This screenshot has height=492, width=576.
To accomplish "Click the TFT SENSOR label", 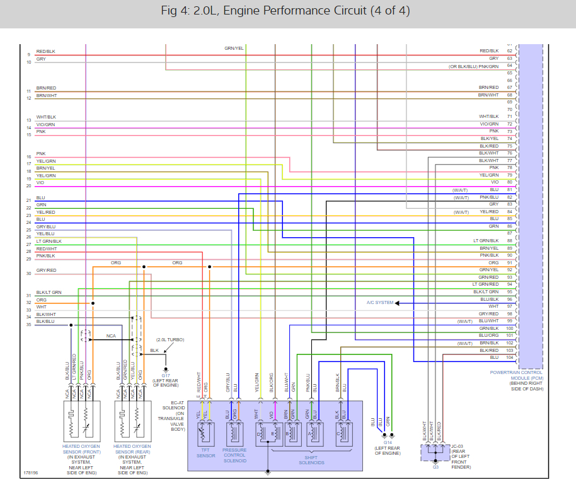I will coord(206,455).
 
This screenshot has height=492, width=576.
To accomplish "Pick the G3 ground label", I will coord(435,467).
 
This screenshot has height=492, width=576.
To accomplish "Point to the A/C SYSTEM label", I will coord(380,303).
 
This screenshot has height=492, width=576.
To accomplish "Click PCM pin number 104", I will coord(510,357).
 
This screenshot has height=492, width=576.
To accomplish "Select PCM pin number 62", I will coord(510,51).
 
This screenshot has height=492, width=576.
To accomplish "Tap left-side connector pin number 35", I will coord(29,324).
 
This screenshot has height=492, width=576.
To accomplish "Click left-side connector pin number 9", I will coord(29,55).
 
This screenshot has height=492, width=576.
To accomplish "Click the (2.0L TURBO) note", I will coord(170,340).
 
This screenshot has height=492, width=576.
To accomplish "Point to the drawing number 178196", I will coord(31,471).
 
